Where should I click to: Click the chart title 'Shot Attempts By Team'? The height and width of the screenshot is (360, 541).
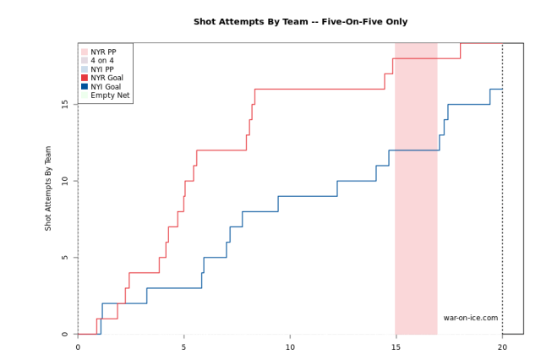(300, 22)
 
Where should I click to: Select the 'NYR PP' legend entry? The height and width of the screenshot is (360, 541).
(103, 52)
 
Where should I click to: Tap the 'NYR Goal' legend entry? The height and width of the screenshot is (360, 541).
(107, 78)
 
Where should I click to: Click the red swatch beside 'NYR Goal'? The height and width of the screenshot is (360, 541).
(85, 78)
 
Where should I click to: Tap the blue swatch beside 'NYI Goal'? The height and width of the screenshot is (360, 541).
(85, 86)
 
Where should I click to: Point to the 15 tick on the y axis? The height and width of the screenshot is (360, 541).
(65, 104)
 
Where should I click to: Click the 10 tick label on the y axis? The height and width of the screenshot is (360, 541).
(65, 181)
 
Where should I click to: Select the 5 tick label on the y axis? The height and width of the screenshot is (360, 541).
(65, 258)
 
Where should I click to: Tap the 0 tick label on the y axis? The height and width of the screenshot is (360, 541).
(65, 335)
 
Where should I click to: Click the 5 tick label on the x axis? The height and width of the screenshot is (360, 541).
(183, 346)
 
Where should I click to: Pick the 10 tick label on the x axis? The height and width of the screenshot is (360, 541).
(290, 346)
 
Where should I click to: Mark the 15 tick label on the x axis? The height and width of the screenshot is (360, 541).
(396, 346)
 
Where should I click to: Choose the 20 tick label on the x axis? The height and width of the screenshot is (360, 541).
(502, 346)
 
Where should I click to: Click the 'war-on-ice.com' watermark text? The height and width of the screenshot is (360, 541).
(471, 319)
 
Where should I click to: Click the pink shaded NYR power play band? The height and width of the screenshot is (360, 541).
(416, 211)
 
